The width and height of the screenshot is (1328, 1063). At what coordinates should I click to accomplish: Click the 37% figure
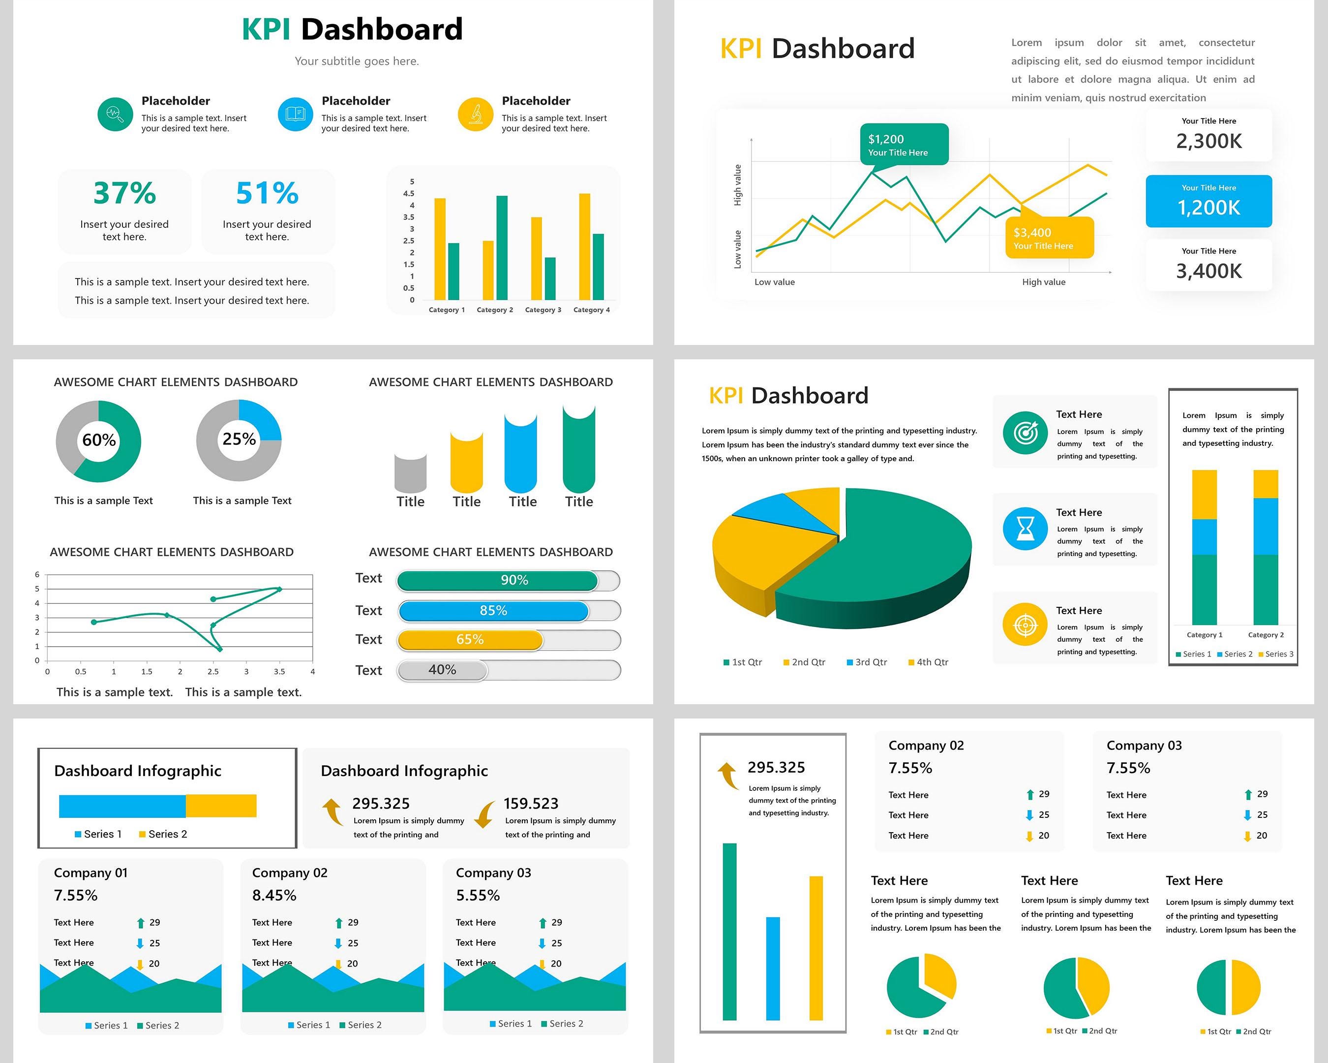[x=124, y=193]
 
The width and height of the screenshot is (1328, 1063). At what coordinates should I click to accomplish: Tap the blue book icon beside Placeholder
[x=295, y=114]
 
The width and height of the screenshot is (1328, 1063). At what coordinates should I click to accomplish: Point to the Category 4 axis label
[x=591, y=310]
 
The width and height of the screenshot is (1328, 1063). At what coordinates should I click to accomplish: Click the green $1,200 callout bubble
[x=904, y=145]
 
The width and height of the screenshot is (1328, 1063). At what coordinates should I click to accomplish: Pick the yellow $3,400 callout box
[x=1049, y=238]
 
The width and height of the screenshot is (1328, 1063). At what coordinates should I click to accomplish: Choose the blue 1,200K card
[x=1208, y=201]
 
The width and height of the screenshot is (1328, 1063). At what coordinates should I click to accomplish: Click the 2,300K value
[x=1208, y=141]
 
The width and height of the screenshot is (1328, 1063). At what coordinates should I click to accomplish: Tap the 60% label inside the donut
[x=98, y=440]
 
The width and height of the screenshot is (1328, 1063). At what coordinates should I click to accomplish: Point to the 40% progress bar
[x=442, y=670]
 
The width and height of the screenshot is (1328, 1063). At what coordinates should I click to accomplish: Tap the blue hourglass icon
[x=1025, y=529]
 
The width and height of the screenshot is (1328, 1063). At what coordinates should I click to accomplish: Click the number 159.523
[x=531, y=804]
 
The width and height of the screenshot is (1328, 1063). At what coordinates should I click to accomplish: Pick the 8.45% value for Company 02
[x=274, y=895]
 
